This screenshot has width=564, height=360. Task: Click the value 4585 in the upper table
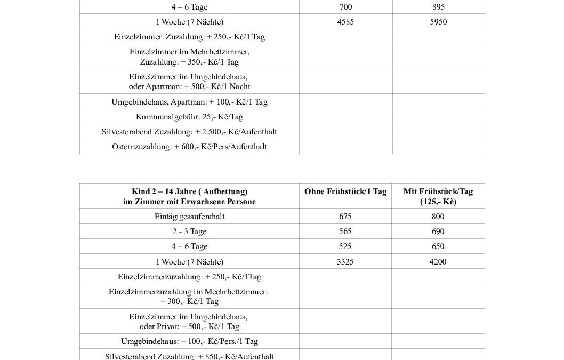click(345, 22)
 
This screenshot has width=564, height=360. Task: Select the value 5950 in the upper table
click(438, 22)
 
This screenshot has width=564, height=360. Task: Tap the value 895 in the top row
click(438, 7)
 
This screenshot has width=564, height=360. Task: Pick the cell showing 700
click(345, 7)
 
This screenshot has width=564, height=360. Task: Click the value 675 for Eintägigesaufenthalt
click(345, 217)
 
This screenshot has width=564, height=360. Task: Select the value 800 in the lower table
click(438, 217)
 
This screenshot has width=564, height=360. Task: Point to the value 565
click(345, 231)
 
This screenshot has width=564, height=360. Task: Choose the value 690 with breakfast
click(438, 231)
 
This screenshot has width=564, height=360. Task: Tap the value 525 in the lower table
click(345, 246)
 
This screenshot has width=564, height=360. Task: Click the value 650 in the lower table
click(438, 246)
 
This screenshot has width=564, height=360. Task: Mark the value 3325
click(345, 262)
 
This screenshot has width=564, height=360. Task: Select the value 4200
click(438, 262)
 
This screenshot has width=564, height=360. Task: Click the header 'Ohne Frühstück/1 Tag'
click(345, 191)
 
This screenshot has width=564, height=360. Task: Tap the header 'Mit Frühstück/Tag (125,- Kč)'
click(438, 196)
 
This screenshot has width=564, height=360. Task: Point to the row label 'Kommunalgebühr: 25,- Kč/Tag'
click(189, 117)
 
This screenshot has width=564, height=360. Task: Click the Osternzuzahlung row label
click(189, 147)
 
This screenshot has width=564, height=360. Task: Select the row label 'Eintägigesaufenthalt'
click(189, 217)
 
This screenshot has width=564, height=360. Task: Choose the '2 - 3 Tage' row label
click(189, 231)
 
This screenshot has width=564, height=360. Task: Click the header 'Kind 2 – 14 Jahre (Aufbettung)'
click(189, 191)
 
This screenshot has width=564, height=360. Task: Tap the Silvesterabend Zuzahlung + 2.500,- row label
click(189, 132)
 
